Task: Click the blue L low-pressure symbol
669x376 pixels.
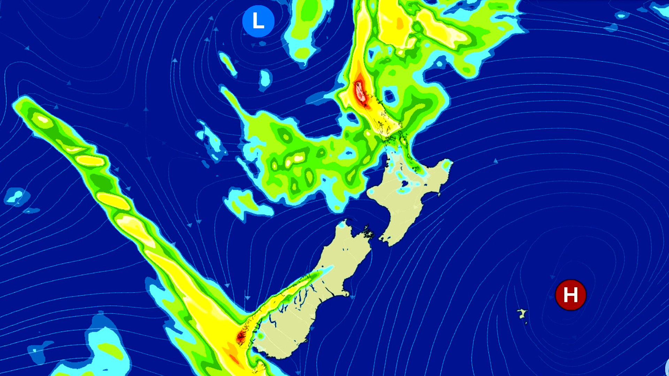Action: pos(258,21)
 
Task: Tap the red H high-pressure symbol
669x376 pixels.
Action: pos(570,295)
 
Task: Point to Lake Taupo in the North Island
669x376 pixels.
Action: pos(405,183)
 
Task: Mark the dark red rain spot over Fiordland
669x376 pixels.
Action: pos(241,337)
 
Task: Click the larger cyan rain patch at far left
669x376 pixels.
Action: pos(16,197)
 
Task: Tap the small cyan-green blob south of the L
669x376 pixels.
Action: pos(265,78)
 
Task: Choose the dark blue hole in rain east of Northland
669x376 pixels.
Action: pos(390,96)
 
